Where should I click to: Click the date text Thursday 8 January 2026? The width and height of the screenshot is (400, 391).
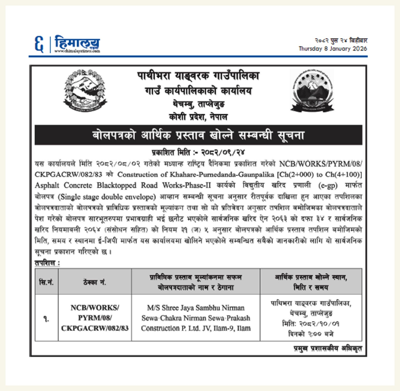point(333,49)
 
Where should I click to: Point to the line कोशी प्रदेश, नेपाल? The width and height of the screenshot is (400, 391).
point(198,116)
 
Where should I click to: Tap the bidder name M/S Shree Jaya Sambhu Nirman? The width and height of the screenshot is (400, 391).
point(195,308)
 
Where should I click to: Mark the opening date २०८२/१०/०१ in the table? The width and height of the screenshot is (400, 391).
point(315,323)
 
